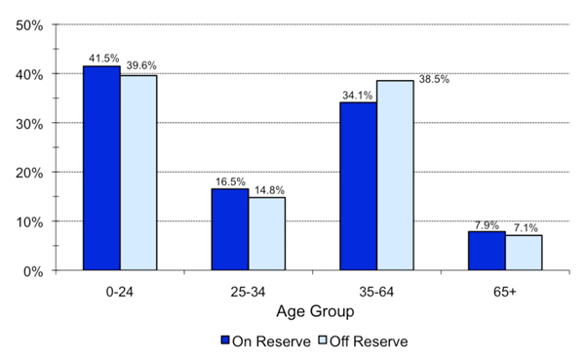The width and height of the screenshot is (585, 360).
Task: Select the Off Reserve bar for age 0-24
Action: coord(138,173)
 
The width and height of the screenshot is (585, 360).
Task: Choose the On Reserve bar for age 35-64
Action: coord(358,186)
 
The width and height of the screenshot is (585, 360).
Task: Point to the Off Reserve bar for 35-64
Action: coord(395,176)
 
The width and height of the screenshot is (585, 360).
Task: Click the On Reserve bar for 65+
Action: coord(487,251)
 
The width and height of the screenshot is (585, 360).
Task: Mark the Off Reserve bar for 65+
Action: coord(524,253)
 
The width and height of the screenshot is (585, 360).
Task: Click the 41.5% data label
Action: coord(102,59)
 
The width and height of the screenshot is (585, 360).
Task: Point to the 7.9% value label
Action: coord(485,224)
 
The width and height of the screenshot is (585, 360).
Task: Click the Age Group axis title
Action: coord(312,313)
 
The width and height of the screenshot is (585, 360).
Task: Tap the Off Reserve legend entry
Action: coord(361,341)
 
